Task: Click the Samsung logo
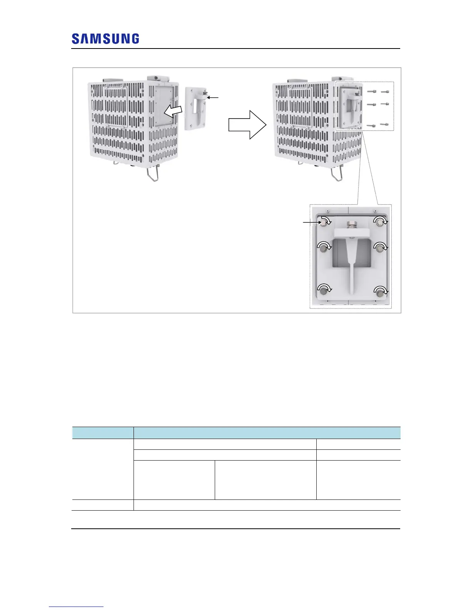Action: point(105,39)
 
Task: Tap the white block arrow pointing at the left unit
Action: point(172,111)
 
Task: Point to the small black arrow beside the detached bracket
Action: point(213,97)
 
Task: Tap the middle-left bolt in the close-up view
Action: point(324,248)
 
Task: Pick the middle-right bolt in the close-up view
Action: point(381,248)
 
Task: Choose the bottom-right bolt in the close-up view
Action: point(381,292)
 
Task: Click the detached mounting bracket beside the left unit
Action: point(197,109)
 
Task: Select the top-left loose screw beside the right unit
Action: point(371,92)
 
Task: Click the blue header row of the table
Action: point(236,432)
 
